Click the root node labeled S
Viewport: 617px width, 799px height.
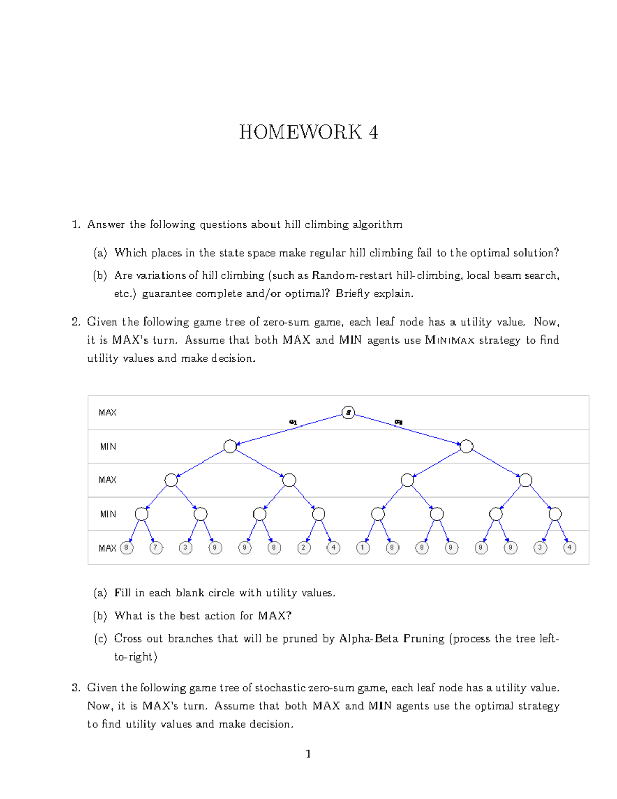coord(348,413)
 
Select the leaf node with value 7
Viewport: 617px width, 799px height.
coord(156,548)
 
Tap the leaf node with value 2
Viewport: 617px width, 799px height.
coord(304,548)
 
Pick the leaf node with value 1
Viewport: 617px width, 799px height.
coord(363,548)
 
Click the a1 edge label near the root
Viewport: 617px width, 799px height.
coord(293,422)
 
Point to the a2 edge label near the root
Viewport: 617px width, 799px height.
coord(398,422)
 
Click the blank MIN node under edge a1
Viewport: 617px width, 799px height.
coord(230,447)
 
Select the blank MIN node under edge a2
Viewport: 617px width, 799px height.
coord(466,447)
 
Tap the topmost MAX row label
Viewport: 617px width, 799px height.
coord(107,413)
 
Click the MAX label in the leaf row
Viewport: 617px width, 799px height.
coord(107,548)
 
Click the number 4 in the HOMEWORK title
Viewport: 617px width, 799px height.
coord(373,133)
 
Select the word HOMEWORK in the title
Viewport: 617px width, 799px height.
coord(301,133)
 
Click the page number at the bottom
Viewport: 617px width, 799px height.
coord(308,754)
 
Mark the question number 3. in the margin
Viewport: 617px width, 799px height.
coord(77,688)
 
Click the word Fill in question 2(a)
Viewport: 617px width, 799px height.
coord(122,593)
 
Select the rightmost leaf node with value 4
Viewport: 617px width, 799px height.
coord(569,548)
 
